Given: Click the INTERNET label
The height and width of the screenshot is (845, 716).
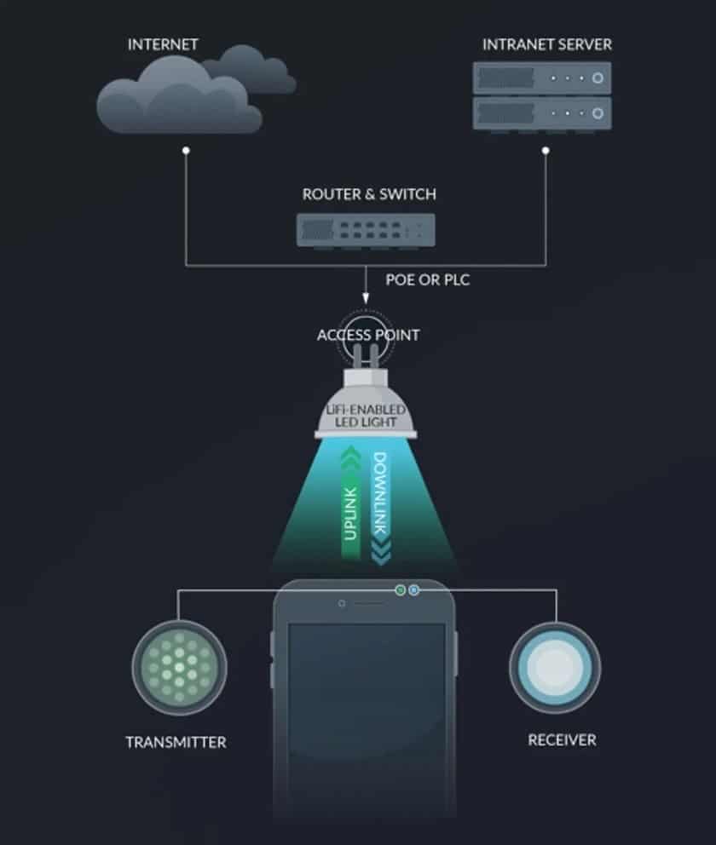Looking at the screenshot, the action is pyautogui.click(x=163, y=44).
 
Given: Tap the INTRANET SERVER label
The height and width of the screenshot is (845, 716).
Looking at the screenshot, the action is pyautogui.click(x=546, y=44).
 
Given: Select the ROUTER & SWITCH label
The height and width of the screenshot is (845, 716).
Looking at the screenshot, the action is pyautogui.click(x=369, y=194).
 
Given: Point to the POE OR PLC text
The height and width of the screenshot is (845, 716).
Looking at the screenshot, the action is pyautogui.click(x=428, y=279).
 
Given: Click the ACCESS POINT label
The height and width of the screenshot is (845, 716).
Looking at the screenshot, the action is pyautogui.click(x=368, y=336).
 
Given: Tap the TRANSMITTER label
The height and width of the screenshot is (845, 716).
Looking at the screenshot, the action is pyautogui.click(x=176, y=742).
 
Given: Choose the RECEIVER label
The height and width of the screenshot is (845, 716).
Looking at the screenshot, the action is pyautogui.click(x=562, y=740).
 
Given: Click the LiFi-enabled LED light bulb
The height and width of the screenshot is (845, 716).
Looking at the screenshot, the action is pyautogui.click(x=366, y=404).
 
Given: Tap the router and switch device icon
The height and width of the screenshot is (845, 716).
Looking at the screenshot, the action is pyautogui.click(x=366, y=230).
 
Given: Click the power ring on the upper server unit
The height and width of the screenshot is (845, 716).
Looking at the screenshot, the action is pyautogui.click(x=598, y=78).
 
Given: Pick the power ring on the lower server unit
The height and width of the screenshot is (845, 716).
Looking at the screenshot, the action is pyautogui.click(x=598, y=113).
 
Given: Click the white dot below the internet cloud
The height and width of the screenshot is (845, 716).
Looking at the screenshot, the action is pyautogui.click(x=186, y=151).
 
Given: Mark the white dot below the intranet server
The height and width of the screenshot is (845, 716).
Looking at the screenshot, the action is pyautogui.click(x=546, y=151).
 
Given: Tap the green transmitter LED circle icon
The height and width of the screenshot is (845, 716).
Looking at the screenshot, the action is pyautogui.click(x=180, y=668).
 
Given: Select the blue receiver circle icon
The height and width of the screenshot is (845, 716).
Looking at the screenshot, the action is pyautogui.click(x=555, y=667).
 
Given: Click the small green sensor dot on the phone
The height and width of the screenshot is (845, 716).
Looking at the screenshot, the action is pyautogui.click(x=400, y=590).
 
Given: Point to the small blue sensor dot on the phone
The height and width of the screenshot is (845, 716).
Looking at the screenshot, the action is pyautogui.click(x=413, y=590).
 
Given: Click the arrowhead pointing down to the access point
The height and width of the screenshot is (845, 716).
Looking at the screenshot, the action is pyautogui.click(x=366, y=298).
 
